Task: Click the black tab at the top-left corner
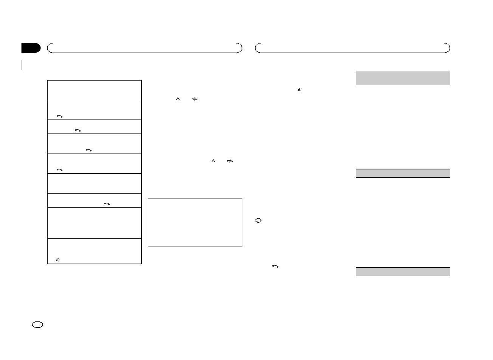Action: pyautogui.click(x=31, y=48)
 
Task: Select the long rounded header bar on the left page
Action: pyautogui.click(x=144, y=48)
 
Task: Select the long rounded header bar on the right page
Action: pyautogui.click(x=352, y=48)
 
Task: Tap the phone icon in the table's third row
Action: pyautogui.click(x=78, y=130)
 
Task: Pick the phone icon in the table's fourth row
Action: pyautogui.click(x=89, y=150)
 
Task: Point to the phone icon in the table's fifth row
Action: pyautogui.click(x=59, y=170)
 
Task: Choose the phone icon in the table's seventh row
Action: pyautogui.click(x=107, y=204)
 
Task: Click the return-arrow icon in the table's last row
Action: pyautogui.click(x=58, y=260)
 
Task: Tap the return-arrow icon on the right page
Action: pyautogui.click(x=299, y=90)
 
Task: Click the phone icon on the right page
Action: pyautogui.click(x=275, y=266)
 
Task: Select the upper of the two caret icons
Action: pyautogui.click(x=177, y=99)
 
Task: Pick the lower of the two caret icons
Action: pyautogui.click(x=213, y=161)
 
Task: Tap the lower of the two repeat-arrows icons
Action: pyautogui.click(x=230, y=161)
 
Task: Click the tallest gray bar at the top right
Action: pyautogui.click(x=403, y=78)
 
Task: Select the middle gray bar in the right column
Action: pyautogui.click(x=403, y=173)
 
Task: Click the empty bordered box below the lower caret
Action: pyautogui.click(x=195, y=223)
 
